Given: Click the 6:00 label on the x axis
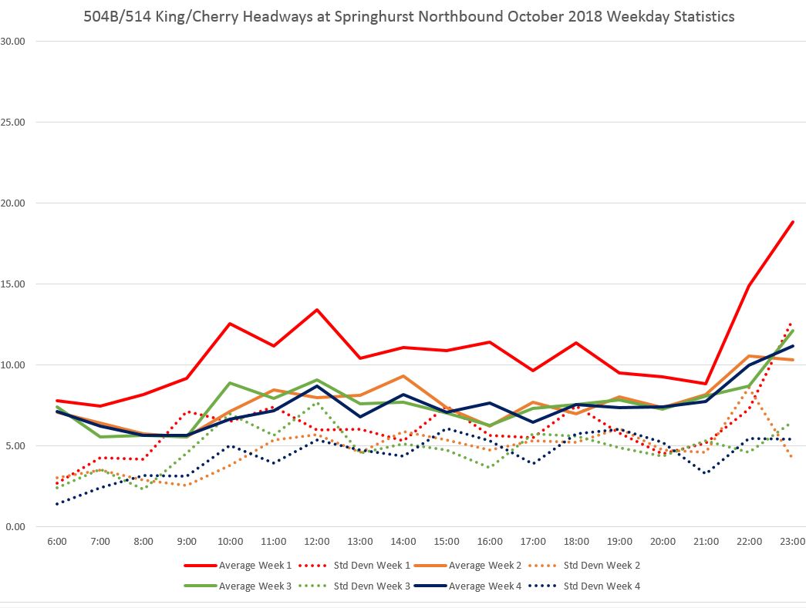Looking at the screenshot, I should pos(58,542).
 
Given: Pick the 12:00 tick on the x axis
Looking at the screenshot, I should pos(317,542).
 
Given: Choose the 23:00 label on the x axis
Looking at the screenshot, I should pos(792,542).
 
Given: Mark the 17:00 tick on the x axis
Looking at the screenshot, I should pos(533,542).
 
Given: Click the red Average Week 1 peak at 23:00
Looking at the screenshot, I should pos(792,222).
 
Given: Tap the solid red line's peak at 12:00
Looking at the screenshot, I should pos(317,310).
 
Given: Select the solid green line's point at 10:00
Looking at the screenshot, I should pos(231,383).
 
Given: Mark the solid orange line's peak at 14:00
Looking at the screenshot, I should pos(403,376).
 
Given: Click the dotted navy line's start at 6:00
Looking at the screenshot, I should pos(58,504).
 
